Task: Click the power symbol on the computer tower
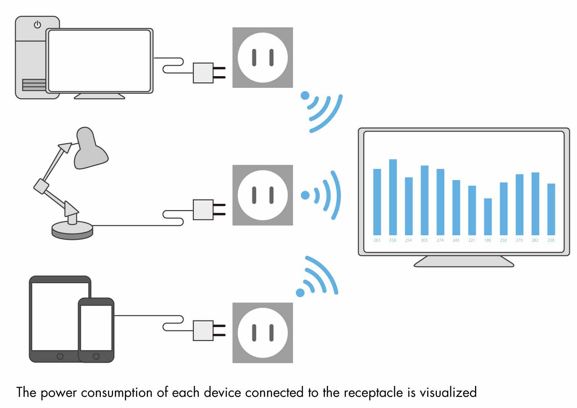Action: pyautogui.click(x=38, y=25)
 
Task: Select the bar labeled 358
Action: pyautogui.click(x=393, y=197)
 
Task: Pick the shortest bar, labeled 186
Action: pyautogui.click(x=488, y=217)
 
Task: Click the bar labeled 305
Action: pyautogui.click(x=425, y=200)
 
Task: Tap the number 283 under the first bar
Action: pyautogui.click(x=377, y=240)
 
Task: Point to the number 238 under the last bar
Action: pyautogui.click(x=551, y=240)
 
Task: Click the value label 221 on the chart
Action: pyautogui.click(x=472, y=240)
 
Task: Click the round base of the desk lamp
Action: pyautogui.click(x=72, y=231)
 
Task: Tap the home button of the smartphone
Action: pyautogui.click(x=96, y=356)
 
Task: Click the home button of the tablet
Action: pyautogui.click(x=60, y=356)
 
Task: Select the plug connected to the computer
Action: pyautogui.click(x=209, y=73)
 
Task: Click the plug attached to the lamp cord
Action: pyautogui.click(x=209, y=210)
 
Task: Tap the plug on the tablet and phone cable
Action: pyautogui.click(x=209, y=330)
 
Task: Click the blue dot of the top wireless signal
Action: pyautogui.click(x=305, y=95)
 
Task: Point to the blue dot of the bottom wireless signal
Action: pyautogui.click(x=300, y=292)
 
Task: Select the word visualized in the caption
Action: pyautogui.click(x=448, y=392)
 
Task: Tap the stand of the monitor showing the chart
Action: pyautogui.click(x=464, y=262)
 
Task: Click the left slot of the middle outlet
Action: pyautogui.click(x=254, y=195)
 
